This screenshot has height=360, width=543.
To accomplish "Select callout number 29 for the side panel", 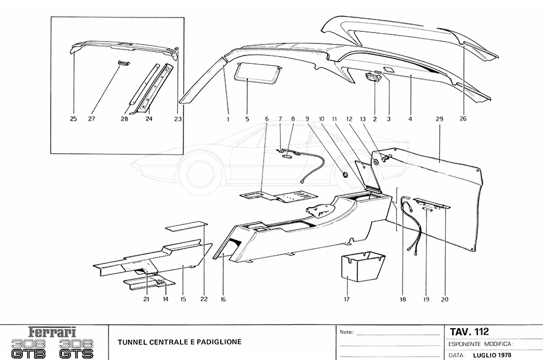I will pos(439,119).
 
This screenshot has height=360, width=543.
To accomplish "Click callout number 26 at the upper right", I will pos(463,119).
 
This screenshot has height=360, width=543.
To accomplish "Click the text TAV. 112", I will pos(469,332).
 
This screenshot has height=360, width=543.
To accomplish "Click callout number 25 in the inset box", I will pos(73,119).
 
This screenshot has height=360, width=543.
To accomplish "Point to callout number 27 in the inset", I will pos(92,119).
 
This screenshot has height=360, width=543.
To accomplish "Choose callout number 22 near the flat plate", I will pos(204,298).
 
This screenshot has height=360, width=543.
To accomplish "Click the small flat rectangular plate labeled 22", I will pos(186,227).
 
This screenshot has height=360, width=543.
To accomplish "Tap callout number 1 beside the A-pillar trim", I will pos(228,119).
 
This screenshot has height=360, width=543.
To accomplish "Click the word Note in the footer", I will pos(346,332).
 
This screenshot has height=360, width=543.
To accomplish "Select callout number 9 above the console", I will pos(307,119).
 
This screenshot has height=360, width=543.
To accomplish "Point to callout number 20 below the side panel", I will pos(445,298).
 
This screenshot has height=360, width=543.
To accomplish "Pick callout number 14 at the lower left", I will pos(165,298).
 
